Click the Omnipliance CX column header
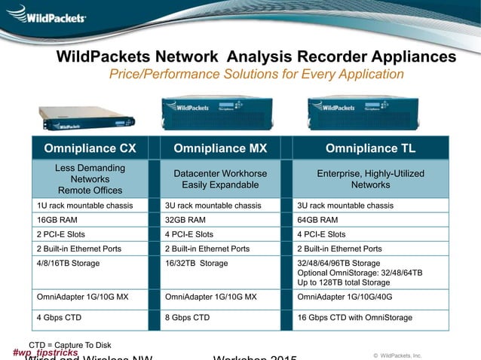(x=90, y=148)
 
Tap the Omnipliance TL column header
(x=370, y=148)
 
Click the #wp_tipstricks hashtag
(x=45, y=352)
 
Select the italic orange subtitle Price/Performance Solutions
(x=256, y=74)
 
